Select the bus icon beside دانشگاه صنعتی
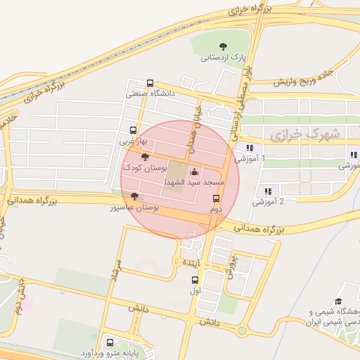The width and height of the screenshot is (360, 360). tap(150, 83)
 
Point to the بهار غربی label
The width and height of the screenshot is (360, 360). tap(131, 141)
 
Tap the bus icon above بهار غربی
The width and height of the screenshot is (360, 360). tap(134, 130)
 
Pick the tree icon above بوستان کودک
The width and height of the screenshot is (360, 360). tap(145, 157)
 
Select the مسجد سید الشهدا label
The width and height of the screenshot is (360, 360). tap(193, 182)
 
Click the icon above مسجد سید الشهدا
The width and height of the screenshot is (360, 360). tap(194, 172)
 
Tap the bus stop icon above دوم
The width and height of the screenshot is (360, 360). tap(216, 198)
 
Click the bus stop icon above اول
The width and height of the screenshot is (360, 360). tap(195, 280)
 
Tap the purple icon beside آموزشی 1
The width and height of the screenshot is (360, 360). tap(249, 148)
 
